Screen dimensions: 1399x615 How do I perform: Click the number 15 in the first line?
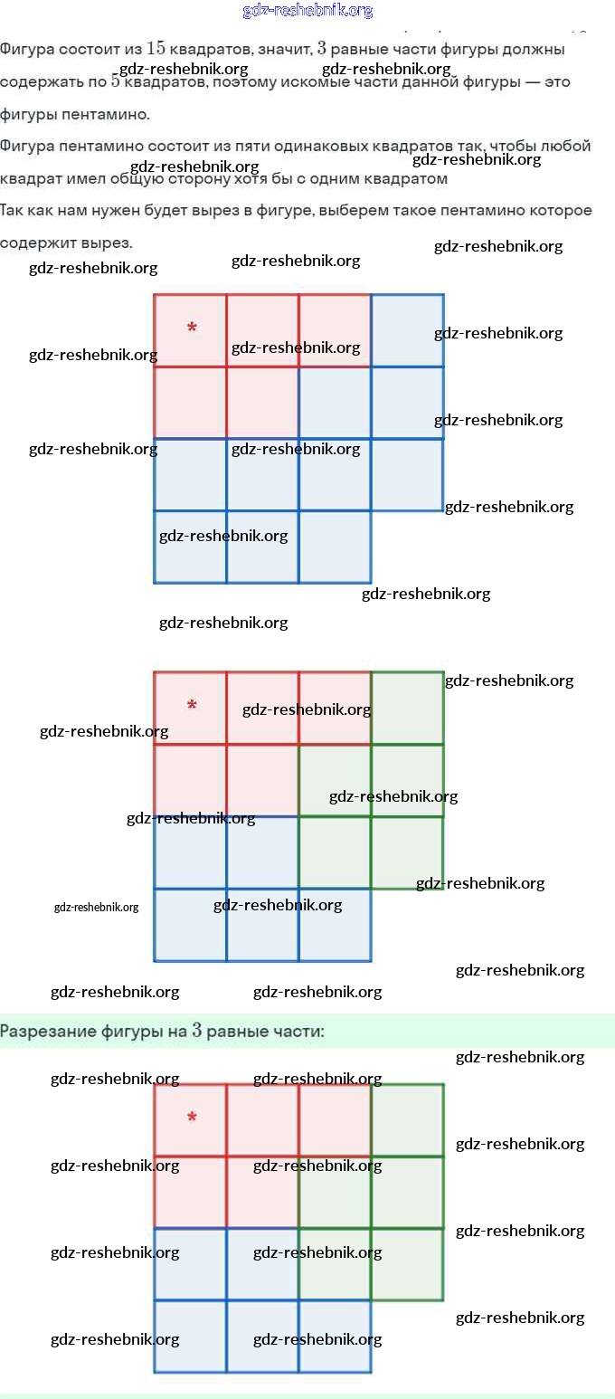(x=156, y=48)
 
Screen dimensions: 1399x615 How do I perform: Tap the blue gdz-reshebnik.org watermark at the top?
(x=307, y=11)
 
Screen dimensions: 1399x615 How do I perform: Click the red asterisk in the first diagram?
(x=192, y=328)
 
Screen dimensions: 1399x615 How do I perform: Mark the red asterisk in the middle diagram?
(x=192, y=705)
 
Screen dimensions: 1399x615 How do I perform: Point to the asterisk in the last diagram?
(x=192, y=1118)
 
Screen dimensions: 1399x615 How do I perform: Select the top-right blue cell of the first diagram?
(x=408, y=330)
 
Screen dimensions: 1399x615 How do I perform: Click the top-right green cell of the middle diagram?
(x=408, y=708)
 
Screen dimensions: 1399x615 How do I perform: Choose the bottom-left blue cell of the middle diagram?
(x=190, y=925)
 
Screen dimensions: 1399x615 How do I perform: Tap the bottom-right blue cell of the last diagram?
(x=335, y=1337)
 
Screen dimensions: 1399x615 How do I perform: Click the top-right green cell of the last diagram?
(x=408, y=1120)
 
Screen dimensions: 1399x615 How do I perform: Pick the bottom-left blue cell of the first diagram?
(x=190, y=547)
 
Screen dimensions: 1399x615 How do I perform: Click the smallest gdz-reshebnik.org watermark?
(x=96, y=907)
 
